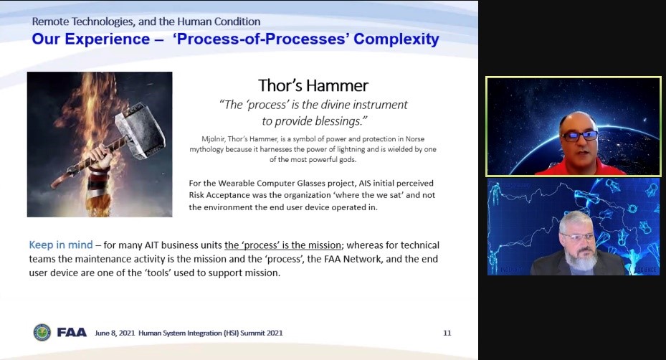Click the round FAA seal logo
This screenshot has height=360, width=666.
pyautogui.click(x=42, y=332)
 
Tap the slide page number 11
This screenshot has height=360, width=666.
pyautogui.click(x=447, y=333)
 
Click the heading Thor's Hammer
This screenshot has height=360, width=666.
pyautogui.click(x=313, y=85)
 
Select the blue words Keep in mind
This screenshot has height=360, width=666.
pyautogui.click(x=61, y=245)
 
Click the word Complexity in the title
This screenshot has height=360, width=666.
pyautogui.click(x=396, y=39)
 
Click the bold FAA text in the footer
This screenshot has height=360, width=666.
pyautogui.click(x=72, y=332)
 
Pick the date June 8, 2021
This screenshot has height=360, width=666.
pyautogui.click(x=115, y=333)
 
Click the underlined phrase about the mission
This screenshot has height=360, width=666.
pyautogui.click(x=283, y=245)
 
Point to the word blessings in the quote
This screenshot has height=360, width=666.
pyautogui.click(x=341, y=122)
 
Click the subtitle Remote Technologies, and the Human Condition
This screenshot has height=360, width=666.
pyautogui.click(x=146, y=22)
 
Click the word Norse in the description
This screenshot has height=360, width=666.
pyautogui.click(x=415, y=139)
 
